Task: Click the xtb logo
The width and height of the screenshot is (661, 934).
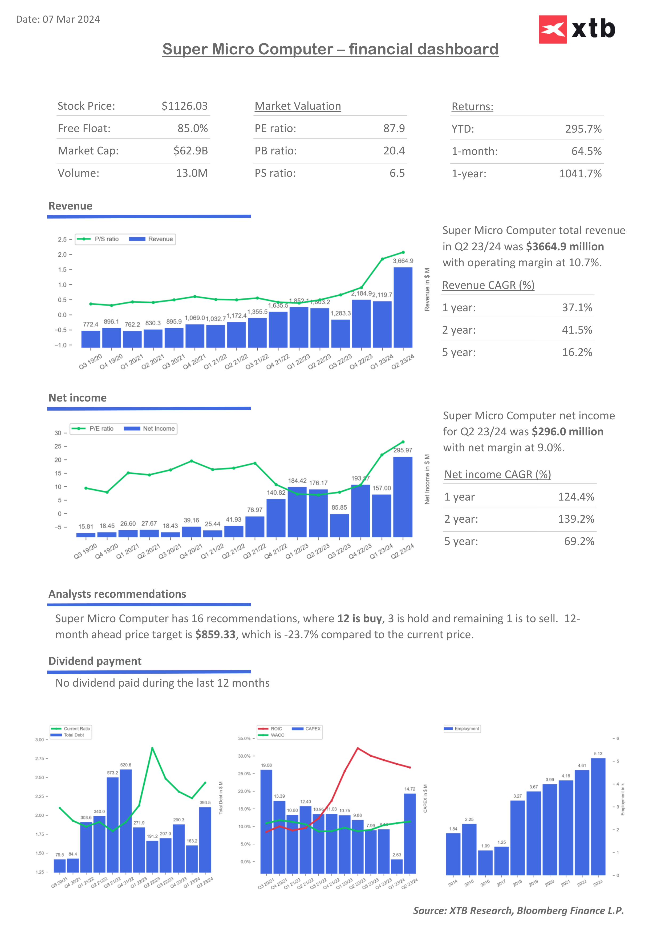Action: tap(577, 29)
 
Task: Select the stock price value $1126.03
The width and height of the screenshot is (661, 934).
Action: tap(184, 106)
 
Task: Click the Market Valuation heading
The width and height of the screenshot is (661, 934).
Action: tap(298, 106)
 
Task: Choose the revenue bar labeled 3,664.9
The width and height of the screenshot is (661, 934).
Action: tap(403, 307)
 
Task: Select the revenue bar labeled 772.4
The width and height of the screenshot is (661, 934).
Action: tap(90, 339)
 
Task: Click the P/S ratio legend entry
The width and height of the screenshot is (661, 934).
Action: tap(98, 239)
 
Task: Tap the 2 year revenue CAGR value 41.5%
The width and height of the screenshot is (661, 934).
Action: tap(577, 330)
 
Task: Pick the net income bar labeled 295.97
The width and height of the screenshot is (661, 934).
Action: tap(403, 497)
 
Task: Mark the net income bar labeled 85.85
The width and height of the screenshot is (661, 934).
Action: tap(339, 526)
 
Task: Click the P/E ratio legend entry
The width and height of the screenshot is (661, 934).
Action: tap(93, 429)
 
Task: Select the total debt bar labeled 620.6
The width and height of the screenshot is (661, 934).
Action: tap(126, 821)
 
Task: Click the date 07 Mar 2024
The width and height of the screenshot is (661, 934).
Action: tap(71, 19)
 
